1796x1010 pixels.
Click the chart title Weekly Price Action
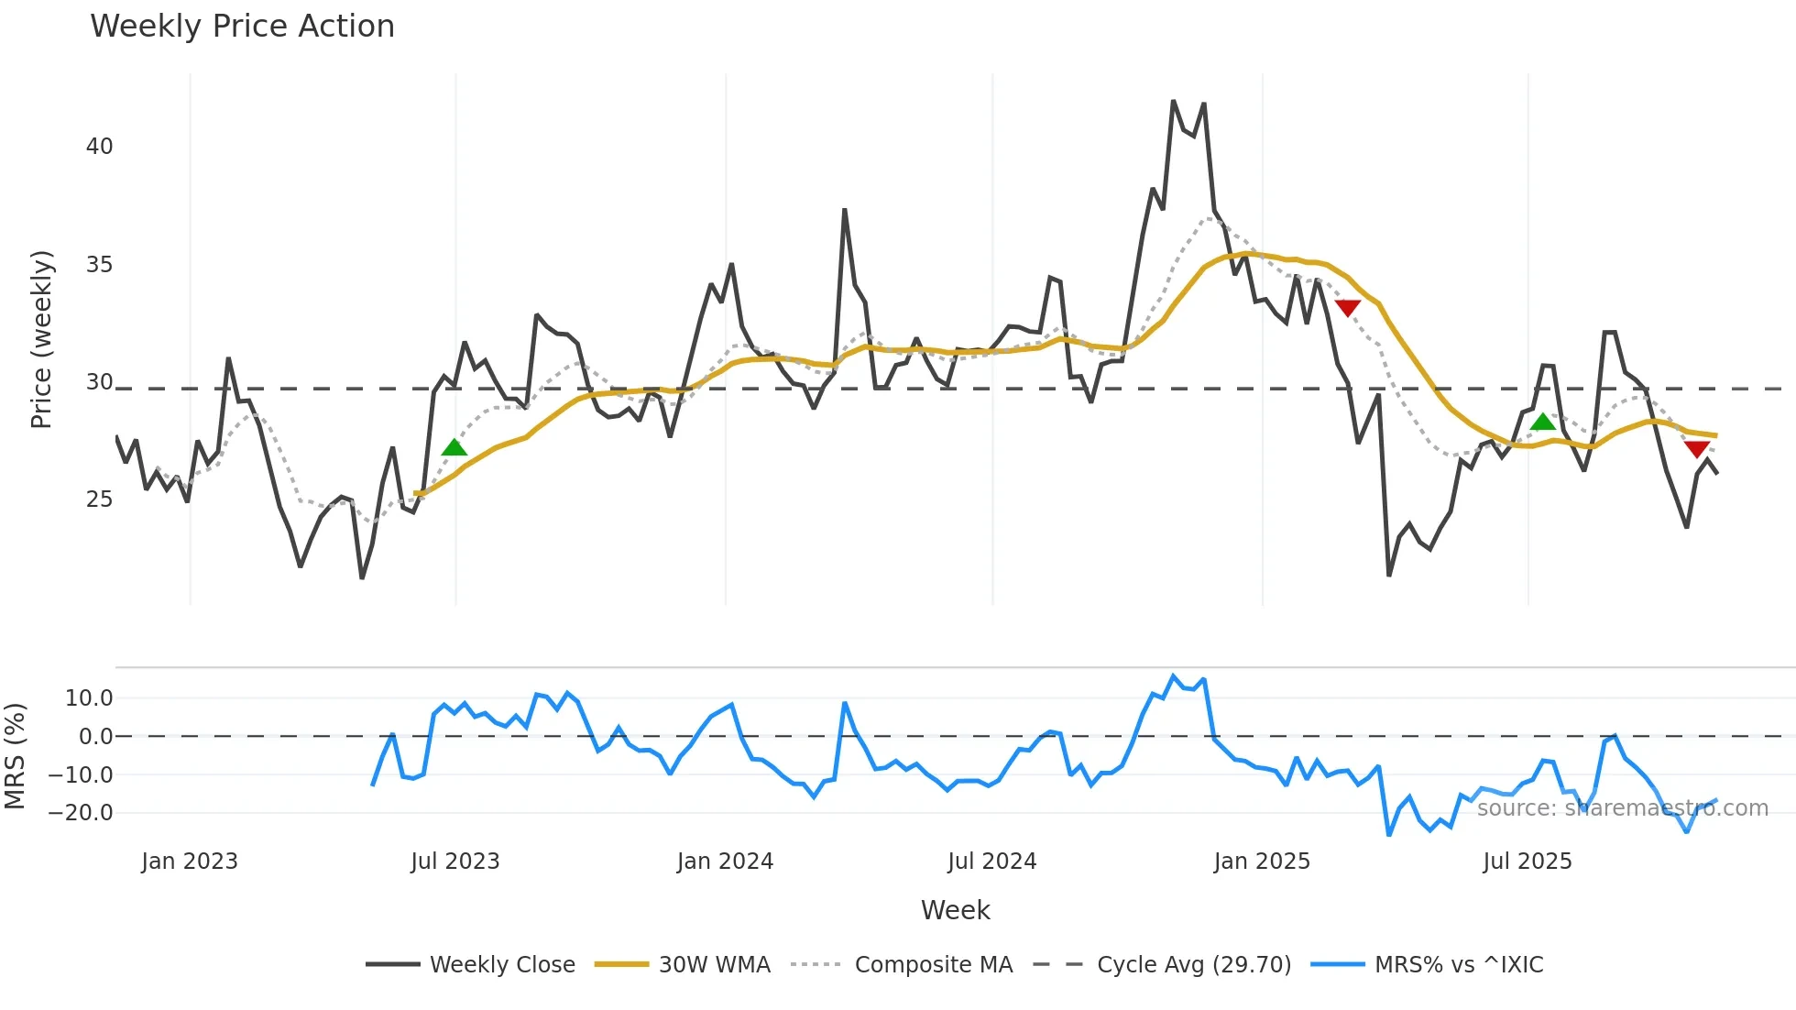point(242,27)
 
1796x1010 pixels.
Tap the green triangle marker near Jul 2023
point(454,447)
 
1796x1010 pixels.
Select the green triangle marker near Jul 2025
point(1543,422)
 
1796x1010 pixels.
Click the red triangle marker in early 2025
point(1347,308)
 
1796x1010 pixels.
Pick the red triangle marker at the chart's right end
point(1697,449)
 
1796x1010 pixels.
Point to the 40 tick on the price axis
point(99,147)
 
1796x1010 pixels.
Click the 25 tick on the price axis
point(99,500)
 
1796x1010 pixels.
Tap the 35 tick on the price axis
point(99,265)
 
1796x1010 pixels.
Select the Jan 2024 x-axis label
point(725,862)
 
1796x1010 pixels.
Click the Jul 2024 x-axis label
point(991,862)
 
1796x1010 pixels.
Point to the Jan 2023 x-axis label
point(190,862)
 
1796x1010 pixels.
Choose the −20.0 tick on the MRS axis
point(81,813)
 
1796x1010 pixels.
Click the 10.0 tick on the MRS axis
point(89,698)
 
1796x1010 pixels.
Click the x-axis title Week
point(955,910)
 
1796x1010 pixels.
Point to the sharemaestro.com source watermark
point(1622,808)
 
